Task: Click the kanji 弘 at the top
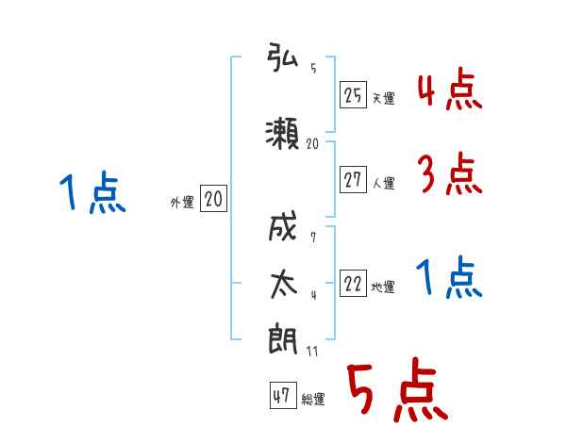coord(282,57)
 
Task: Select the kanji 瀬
coord(282,133)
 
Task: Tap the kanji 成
coord(283,226)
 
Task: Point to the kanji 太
coord(284,285)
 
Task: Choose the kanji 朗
coord(283,339)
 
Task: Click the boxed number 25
coord(353,95)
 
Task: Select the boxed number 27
coord(353,179)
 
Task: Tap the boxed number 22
coord(353,283)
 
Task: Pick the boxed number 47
coord(283,395)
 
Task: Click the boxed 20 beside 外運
coord(213,198)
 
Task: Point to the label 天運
coord(384,98)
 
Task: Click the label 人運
coord(384,183)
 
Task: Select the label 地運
coord(383,287)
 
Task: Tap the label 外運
coord(182,203)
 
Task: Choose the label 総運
coord(313,399)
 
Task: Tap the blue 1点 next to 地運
coord(449,277)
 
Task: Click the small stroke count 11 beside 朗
coord(312,352)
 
